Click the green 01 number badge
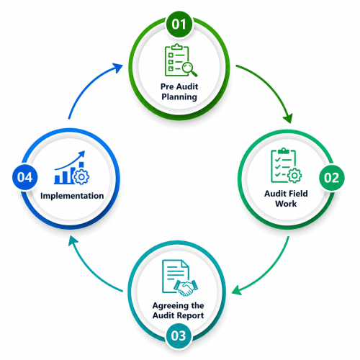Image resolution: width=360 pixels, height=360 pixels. (179, 24)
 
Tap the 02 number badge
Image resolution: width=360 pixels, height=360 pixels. (331, 178)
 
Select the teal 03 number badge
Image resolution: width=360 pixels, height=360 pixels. (179, 336)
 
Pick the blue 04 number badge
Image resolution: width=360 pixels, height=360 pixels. (25, 177)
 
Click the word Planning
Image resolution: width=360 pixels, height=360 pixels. (179, 97)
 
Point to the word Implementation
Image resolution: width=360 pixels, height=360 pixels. (72, 196)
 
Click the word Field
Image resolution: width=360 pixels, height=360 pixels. (296, 194)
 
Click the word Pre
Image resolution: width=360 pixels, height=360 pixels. (167, 86)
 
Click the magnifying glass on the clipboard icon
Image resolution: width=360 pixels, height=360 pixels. (189, 69)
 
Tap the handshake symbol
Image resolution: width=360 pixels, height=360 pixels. (186, 287)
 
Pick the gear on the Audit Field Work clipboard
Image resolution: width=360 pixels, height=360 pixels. (294, 176)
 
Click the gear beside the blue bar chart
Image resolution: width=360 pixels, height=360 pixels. (81, 177)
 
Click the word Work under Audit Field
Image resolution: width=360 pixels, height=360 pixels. (286, 204)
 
